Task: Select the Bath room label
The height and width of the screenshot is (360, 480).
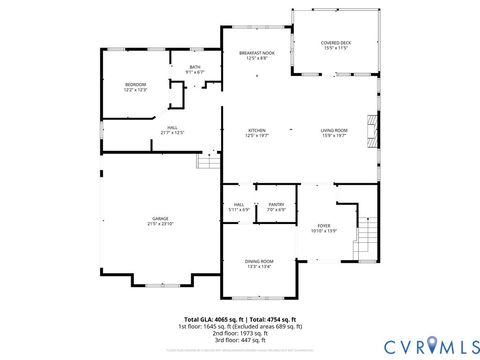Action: pyautogui.click(x=194, y=69)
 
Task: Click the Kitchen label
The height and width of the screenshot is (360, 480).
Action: pyautogui.click(x=258, y=133)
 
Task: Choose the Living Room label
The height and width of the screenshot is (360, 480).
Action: pyautogui.click(x=334, y=133)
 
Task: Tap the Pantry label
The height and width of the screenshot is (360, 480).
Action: pyautogui.click(x=276, y=207)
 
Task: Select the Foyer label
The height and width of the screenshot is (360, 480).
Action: pyautogui.click(x=324, y=228)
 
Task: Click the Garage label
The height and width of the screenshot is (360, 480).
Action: pyautogui.click(x=161, y=221)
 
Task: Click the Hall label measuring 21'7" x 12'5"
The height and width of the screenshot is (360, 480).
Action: pyautogui.click(x=172, y=130)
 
